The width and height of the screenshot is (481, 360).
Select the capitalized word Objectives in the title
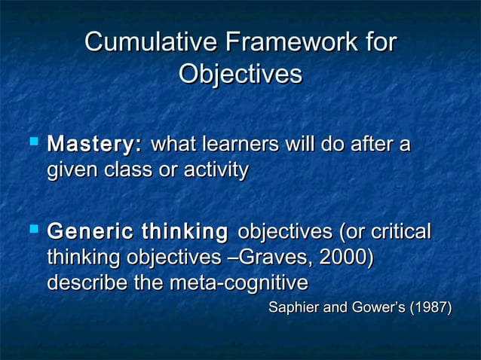pos(240,75)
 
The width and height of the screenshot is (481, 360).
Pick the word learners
pos(234,143)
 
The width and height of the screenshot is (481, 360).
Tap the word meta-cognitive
pos(238,285)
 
